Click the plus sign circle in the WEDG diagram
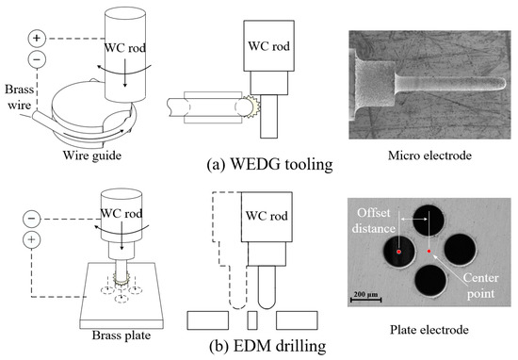click(36, 39)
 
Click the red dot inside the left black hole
click(398, 253)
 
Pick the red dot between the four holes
click(429, 252)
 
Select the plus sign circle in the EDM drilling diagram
click(35, 240)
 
